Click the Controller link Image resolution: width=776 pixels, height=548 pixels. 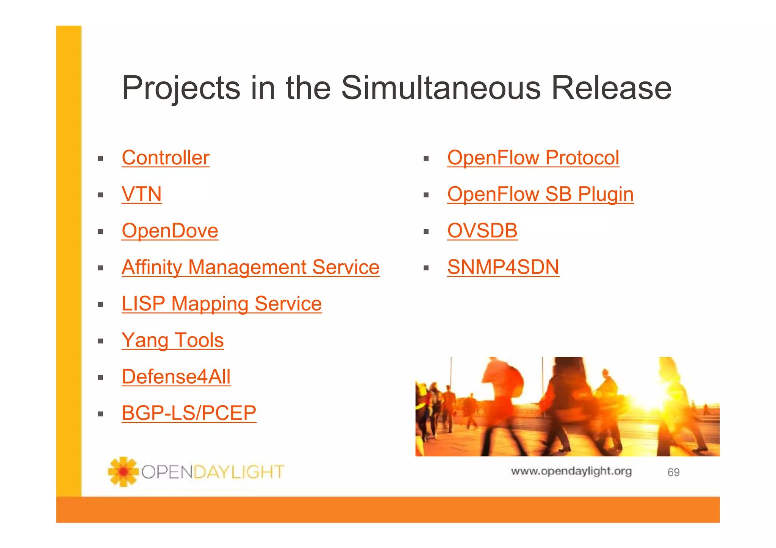165,158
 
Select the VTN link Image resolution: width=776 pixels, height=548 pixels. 142,194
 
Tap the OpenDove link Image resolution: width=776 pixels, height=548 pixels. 170,231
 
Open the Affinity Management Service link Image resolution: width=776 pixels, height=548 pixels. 250,267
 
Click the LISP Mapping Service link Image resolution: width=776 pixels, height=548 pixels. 222,304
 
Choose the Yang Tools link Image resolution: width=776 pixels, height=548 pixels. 173,340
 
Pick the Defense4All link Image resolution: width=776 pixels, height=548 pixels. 176,376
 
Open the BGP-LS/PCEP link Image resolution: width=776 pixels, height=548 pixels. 189,413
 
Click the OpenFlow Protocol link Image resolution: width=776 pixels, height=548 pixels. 533,158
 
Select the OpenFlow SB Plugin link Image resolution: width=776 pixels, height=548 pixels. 540,194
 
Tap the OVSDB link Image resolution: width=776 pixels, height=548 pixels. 482,231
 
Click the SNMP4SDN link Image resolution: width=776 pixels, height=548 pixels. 503,267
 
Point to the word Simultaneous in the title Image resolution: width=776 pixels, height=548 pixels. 441,88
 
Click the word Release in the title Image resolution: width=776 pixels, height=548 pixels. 611,88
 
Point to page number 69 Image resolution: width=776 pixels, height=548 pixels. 673,472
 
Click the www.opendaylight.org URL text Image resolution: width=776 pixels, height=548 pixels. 571,471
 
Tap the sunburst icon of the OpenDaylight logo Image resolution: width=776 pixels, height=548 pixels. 123,471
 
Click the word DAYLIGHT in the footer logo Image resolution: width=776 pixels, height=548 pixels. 239,472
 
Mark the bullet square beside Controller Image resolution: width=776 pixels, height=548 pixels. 100,159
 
